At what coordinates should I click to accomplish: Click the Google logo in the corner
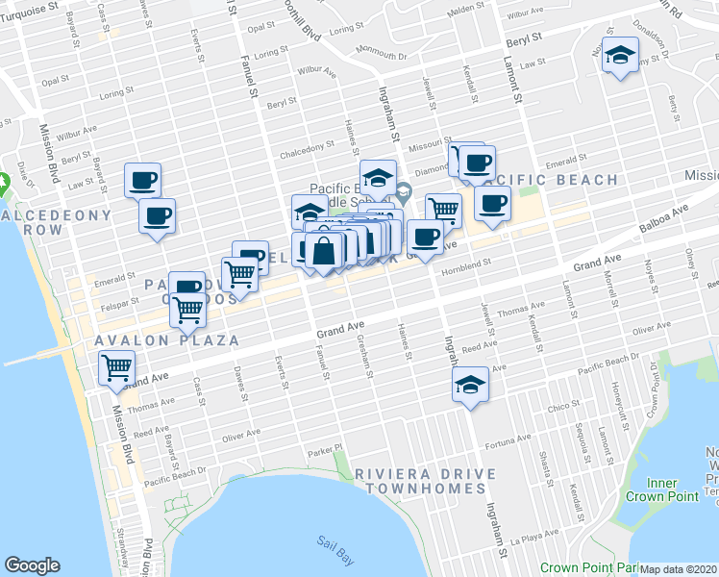point(32,565)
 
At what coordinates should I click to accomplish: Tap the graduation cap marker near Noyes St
point(620,57)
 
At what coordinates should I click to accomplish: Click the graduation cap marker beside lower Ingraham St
point(470,386)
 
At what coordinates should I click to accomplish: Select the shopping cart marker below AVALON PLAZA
point(116,367)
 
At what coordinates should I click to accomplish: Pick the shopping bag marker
point(325,252)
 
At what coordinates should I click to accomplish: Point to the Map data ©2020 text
point(679,569)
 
